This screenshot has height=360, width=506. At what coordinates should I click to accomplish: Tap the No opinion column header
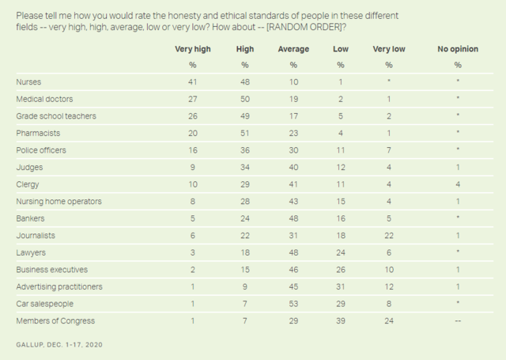458,49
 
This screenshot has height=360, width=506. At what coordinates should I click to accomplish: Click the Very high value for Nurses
192,81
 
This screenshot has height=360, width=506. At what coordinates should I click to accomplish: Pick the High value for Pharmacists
244,133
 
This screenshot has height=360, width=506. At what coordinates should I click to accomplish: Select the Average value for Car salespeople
293,303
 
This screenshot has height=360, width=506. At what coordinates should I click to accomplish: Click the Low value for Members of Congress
341,320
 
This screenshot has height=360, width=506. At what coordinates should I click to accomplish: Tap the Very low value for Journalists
388,235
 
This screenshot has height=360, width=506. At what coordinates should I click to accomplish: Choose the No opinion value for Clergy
458,184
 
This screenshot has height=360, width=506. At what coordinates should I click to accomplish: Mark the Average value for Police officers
293,150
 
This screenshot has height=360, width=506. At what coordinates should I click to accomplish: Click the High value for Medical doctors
244,98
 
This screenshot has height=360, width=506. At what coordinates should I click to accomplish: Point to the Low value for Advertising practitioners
341,286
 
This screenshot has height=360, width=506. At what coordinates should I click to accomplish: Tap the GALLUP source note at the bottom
59,345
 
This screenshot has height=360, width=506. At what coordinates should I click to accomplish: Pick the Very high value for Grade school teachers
192,116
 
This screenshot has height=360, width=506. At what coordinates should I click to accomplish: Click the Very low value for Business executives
388,269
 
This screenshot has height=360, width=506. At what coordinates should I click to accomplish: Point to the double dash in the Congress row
458,320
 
